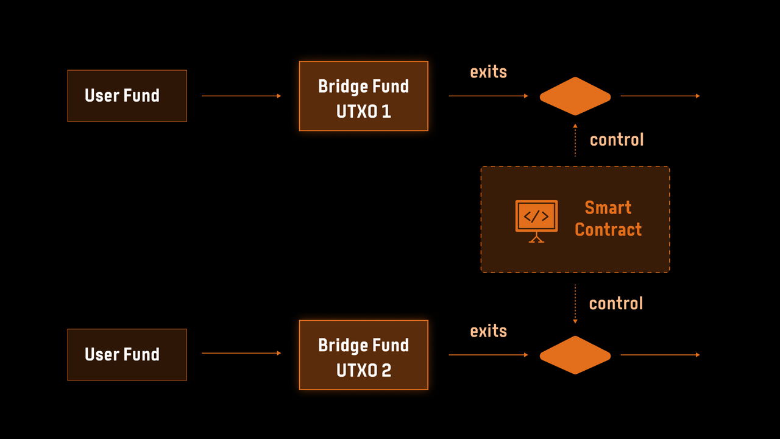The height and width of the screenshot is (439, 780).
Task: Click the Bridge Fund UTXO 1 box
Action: click(363, 96)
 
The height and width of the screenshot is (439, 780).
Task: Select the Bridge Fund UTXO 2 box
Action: click(363, 355)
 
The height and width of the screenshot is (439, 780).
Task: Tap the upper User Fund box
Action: click(127, 96)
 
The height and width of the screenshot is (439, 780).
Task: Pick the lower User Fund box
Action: click(127, 355)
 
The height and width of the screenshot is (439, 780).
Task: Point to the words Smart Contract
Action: click(608, 219)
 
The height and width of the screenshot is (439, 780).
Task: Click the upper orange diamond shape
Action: click(575, 96)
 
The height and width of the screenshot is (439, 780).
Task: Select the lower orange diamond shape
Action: click(575, 355)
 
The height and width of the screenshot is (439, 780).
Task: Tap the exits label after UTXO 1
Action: click(488, 72)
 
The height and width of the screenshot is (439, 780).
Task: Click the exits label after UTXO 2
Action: click(488, 331)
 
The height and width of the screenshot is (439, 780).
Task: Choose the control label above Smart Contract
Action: click(616, 140)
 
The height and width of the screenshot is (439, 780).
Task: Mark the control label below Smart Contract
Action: click(615, 304)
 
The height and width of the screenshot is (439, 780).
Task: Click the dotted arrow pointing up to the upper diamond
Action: click(575, 140)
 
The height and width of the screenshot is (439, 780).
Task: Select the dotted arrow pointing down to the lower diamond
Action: click(575, 304)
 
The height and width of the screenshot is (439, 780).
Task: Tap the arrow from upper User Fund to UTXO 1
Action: click(241, 96)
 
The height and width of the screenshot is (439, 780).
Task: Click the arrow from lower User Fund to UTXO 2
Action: click(241, 353)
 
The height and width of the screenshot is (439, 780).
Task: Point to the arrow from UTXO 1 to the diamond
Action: click(488, 96)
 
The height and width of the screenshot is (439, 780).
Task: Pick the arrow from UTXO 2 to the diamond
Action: click(488, 355)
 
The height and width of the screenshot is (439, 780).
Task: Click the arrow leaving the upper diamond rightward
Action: click(660, 96)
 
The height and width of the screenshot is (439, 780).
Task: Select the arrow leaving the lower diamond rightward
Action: click(660, 355)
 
